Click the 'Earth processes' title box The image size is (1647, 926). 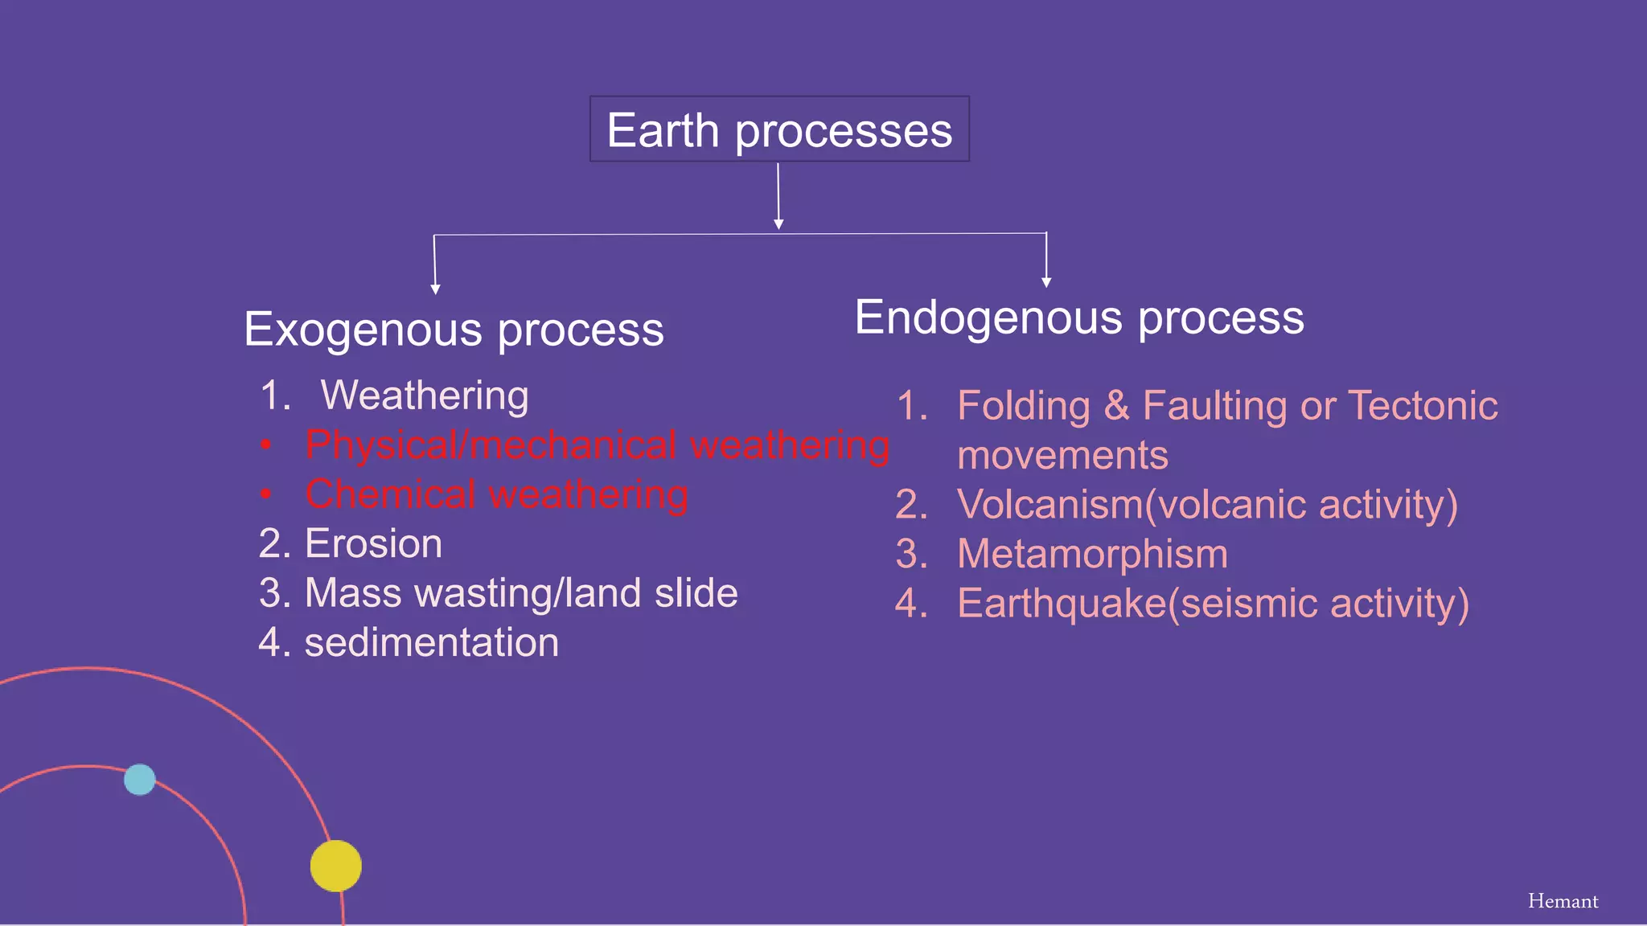[779, 129]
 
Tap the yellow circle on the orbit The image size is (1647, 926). [335, 866]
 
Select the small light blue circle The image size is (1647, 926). [140, 779]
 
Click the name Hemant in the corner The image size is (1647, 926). [1563, 901]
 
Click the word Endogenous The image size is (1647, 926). [989, 318]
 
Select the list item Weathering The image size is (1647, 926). [425, 395]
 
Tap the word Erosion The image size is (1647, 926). [373, 543]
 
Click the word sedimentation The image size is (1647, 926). [431, 642]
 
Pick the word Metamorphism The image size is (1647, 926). [1092, 554]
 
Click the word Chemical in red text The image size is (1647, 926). [390, 494]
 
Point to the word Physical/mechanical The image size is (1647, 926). [491, 445]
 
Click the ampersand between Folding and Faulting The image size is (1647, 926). [1116, 405]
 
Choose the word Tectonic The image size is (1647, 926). [1423, 405]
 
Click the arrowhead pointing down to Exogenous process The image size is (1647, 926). [435, 289]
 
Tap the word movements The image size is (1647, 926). [1062, 456]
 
